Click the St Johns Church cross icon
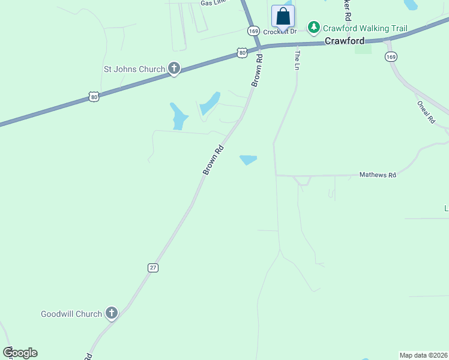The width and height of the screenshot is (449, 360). tap(174, 69)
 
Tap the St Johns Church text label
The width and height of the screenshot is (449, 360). tap(134, 69)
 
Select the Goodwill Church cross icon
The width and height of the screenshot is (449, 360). tap(111, 313)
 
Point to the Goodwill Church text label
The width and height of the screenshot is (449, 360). tap(71, 314)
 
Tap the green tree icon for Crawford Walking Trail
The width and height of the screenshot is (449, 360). tap(313, 28)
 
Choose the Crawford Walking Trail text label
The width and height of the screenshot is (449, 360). tap(365, 28)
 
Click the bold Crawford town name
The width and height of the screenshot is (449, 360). tap(345, 41)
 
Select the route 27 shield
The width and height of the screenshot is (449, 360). tap(152, 268)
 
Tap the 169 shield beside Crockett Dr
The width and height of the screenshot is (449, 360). tap(253, 31)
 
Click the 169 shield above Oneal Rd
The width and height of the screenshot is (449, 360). tap(391, 57)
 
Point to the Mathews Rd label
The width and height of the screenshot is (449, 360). tap(378, 175)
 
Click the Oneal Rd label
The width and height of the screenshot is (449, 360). tap(426, 112)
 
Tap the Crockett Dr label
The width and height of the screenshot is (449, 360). tap(280, 32)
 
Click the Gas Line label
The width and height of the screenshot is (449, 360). tap(214, 3)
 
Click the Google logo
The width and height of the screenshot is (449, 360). tap(20, 353)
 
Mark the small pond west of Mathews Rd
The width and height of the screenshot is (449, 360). tap(248, 160)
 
